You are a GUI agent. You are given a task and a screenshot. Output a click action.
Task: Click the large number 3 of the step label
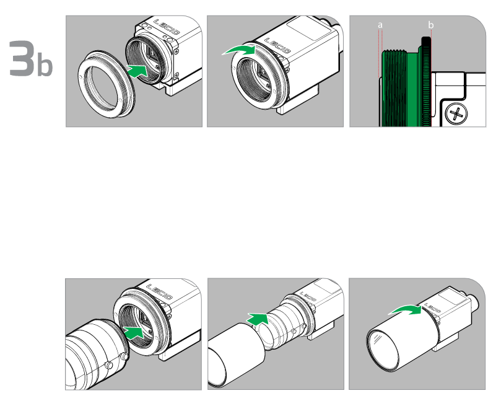click(x=21, y=58)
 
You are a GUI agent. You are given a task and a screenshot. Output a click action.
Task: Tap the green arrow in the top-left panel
click(x=137, y=70)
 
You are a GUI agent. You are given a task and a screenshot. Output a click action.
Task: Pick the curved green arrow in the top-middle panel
click(x=239, y=50)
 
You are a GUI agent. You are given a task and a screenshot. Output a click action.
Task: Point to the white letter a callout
click(x=380, y=25)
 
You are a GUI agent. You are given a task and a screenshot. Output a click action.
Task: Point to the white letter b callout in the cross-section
click(x=430, y=25)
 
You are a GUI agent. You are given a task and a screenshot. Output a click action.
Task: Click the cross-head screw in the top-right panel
click(x=456, y=114)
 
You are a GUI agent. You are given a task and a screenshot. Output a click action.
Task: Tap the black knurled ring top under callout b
click(x=426, y=42)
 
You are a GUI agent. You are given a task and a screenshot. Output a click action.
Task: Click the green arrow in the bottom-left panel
click(x=134, y=332)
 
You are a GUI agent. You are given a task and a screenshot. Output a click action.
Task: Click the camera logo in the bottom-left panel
click(x=160, y=292)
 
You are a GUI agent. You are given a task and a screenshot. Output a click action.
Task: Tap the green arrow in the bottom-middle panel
click(x=258, y=319)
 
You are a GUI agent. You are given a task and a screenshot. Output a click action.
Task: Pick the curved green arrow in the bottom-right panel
click(x=406, y=310)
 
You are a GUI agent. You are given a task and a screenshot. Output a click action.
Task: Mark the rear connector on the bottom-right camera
click(x=473, y=302)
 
